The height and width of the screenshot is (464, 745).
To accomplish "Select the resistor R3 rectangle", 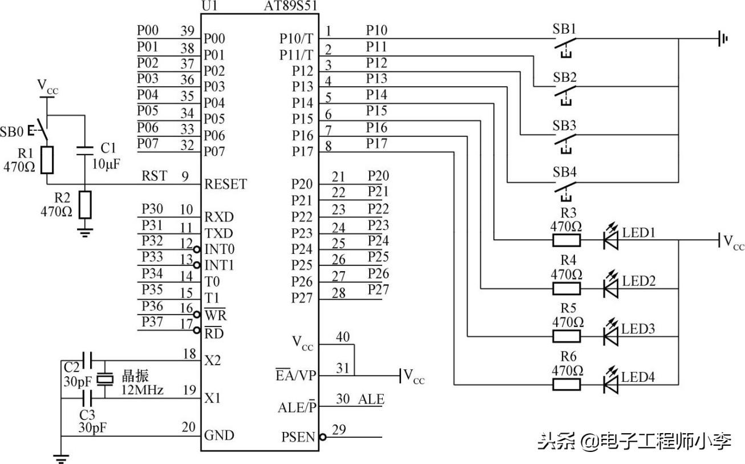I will (566, 240).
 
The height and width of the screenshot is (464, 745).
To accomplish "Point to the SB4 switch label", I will (564, 172).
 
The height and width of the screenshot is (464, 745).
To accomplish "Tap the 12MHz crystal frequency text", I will (143, 390).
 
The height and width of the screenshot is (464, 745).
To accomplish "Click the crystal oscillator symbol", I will (106, 378).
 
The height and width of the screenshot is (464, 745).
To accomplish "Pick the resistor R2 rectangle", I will (85, 205).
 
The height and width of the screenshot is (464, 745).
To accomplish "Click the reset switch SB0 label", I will (13, 132).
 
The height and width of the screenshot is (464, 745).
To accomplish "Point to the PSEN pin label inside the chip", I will (298, 437).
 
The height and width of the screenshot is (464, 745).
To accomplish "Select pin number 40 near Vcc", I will (343, 337).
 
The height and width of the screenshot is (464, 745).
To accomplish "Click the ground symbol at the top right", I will (723, 39).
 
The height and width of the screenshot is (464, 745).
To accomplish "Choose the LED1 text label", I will (639, 233).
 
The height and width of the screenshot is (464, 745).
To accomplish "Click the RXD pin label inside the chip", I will (218, 217).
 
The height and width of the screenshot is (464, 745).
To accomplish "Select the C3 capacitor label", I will (87, 414).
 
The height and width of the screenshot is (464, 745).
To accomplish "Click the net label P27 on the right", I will (378, 289).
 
